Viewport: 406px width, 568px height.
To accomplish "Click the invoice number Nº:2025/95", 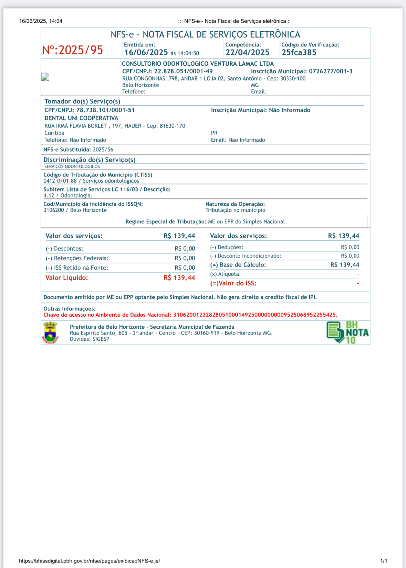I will (73, 50).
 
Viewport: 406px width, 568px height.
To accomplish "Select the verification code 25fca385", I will (299, 53).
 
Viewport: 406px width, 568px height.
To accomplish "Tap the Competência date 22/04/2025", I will (247, 53).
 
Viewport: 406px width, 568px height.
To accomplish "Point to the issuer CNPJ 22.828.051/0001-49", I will (183, 72).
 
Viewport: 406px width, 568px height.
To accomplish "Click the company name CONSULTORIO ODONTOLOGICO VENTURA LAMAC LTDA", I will (198, 64).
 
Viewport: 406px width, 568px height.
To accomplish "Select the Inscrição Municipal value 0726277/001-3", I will (331, 72).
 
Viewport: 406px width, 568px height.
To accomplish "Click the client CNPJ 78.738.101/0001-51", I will (105, 110).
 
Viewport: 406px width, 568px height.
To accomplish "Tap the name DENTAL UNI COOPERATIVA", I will (81, 118).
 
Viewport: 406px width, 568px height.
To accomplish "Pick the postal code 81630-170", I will (173, 126).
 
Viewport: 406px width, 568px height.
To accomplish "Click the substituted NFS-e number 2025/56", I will (103, 150).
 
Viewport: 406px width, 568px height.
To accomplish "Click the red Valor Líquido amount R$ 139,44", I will (179, 278).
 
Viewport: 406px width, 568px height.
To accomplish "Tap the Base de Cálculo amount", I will (345, 265).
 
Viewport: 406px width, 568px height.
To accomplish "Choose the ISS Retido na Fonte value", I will (185, 268).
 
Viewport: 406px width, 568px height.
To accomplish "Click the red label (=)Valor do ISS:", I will (233, 283).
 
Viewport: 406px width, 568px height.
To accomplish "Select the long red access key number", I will (254, 315).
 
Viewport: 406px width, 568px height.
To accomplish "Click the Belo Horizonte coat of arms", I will (50, 332).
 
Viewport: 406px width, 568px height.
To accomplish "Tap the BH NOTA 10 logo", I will (347, 332).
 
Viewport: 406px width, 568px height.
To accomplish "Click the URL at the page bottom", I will (90, 561).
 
